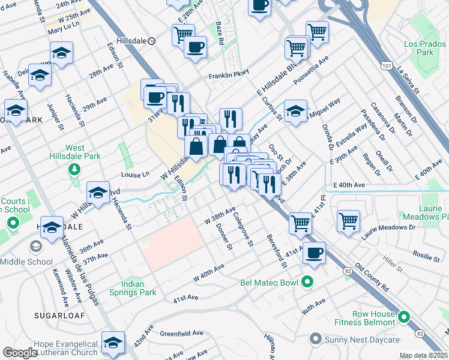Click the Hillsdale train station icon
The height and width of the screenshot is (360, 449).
point(152,41)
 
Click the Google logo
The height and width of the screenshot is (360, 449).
point(20,353)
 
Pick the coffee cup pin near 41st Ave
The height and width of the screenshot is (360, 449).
point(314,253)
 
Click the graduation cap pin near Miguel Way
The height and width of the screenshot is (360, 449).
point(295,110)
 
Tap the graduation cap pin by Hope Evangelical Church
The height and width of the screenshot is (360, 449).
point(113,342)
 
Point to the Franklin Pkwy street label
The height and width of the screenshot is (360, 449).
point(228,76)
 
